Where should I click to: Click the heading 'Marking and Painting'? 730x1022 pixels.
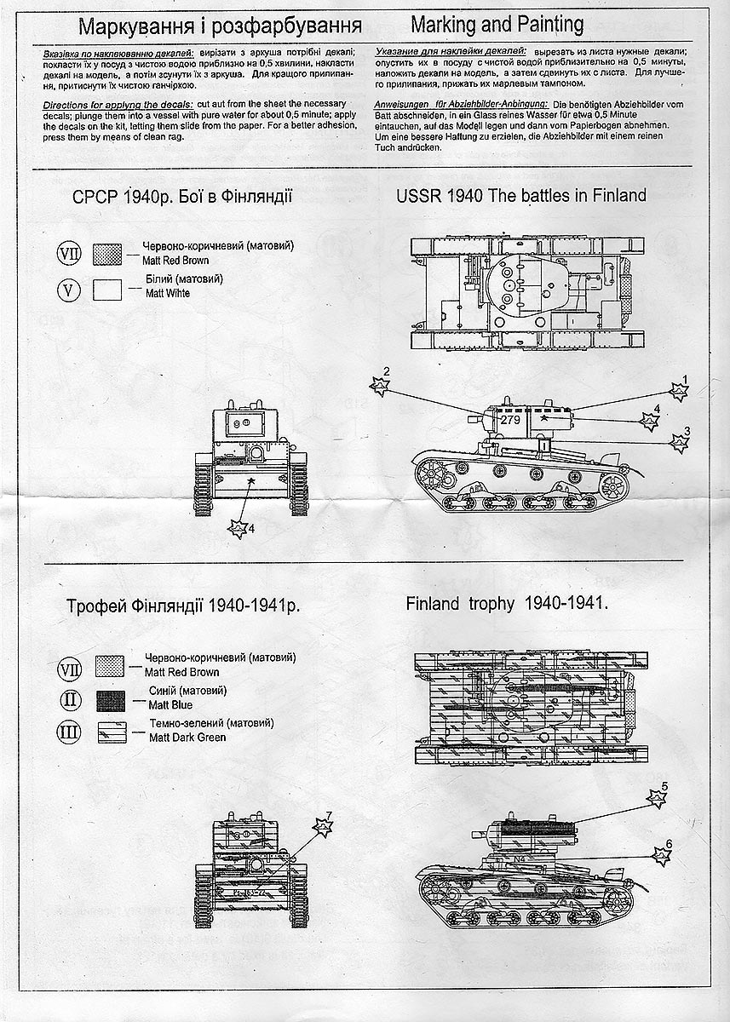tap(497, 23)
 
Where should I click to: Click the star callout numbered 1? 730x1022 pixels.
tap(680, 390)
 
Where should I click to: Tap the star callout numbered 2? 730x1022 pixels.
tap(380, 385)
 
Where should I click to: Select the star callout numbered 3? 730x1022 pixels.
tap(680, 441)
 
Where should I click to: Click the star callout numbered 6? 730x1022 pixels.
tap(661, 854)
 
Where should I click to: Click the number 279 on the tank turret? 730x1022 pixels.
tap(509, 420)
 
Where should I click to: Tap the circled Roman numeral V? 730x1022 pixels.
tap(70, 289)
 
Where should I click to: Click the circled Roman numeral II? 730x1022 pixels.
tap(70, 700)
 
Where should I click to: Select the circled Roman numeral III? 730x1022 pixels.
tap(70, 732)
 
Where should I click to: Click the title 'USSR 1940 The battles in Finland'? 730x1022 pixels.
tap(520, 196)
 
